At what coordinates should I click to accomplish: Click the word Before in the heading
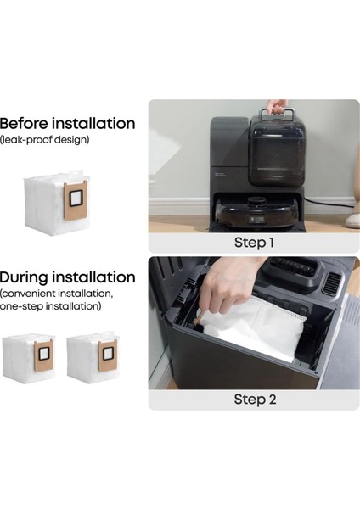tap(24, 123)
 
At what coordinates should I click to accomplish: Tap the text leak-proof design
tap(44, 140)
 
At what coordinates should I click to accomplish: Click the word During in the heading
tap(24, 277)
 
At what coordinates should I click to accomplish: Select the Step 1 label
tap(254, 243)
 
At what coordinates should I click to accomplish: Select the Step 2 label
tap(255, 400)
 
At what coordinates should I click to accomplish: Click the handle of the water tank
tap(277, 115)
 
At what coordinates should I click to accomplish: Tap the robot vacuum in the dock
tap(257, 213)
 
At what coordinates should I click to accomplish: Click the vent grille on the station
tap(332, 283)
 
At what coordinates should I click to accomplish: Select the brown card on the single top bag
tap(76, 200)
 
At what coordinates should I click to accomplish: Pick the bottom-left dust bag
tap(28, 358)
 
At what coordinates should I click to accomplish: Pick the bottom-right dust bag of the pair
tap(93, 357)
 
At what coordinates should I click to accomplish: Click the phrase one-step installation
tap(50, 306)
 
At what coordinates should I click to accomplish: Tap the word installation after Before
tap(93, 123)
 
